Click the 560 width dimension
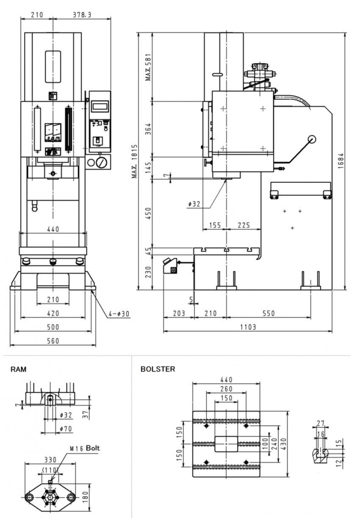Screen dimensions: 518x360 [x=53, y=341]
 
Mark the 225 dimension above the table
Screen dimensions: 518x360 [x=243, y=226]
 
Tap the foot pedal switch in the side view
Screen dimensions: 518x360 [x=172, y=266]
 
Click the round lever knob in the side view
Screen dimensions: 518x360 [x=312, y=139]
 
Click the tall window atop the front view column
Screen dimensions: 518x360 [x=52, y=65]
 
